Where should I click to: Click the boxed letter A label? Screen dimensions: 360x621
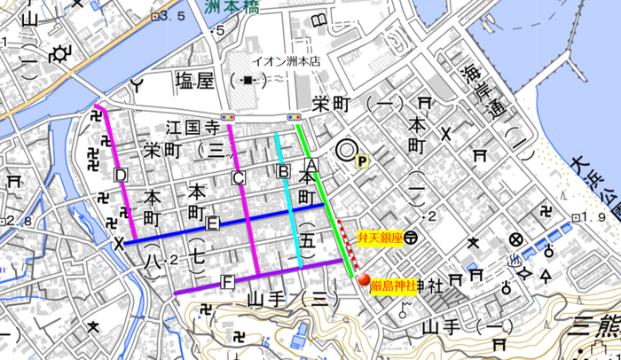(311, 165)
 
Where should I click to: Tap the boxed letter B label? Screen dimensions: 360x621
(284, 170)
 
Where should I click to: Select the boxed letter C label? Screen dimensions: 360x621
(238, 178)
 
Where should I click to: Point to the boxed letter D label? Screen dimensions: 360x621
(121, 175)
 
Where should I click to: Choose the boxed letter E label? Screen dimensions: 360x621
(213, 224)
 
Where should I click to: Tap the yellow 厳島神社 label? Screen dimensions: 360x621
(391, 286)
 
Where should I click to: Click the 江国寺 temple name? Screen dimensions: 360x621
(193, 128)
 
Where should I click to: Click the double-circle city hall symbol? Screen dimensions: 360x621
(344, 152)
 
